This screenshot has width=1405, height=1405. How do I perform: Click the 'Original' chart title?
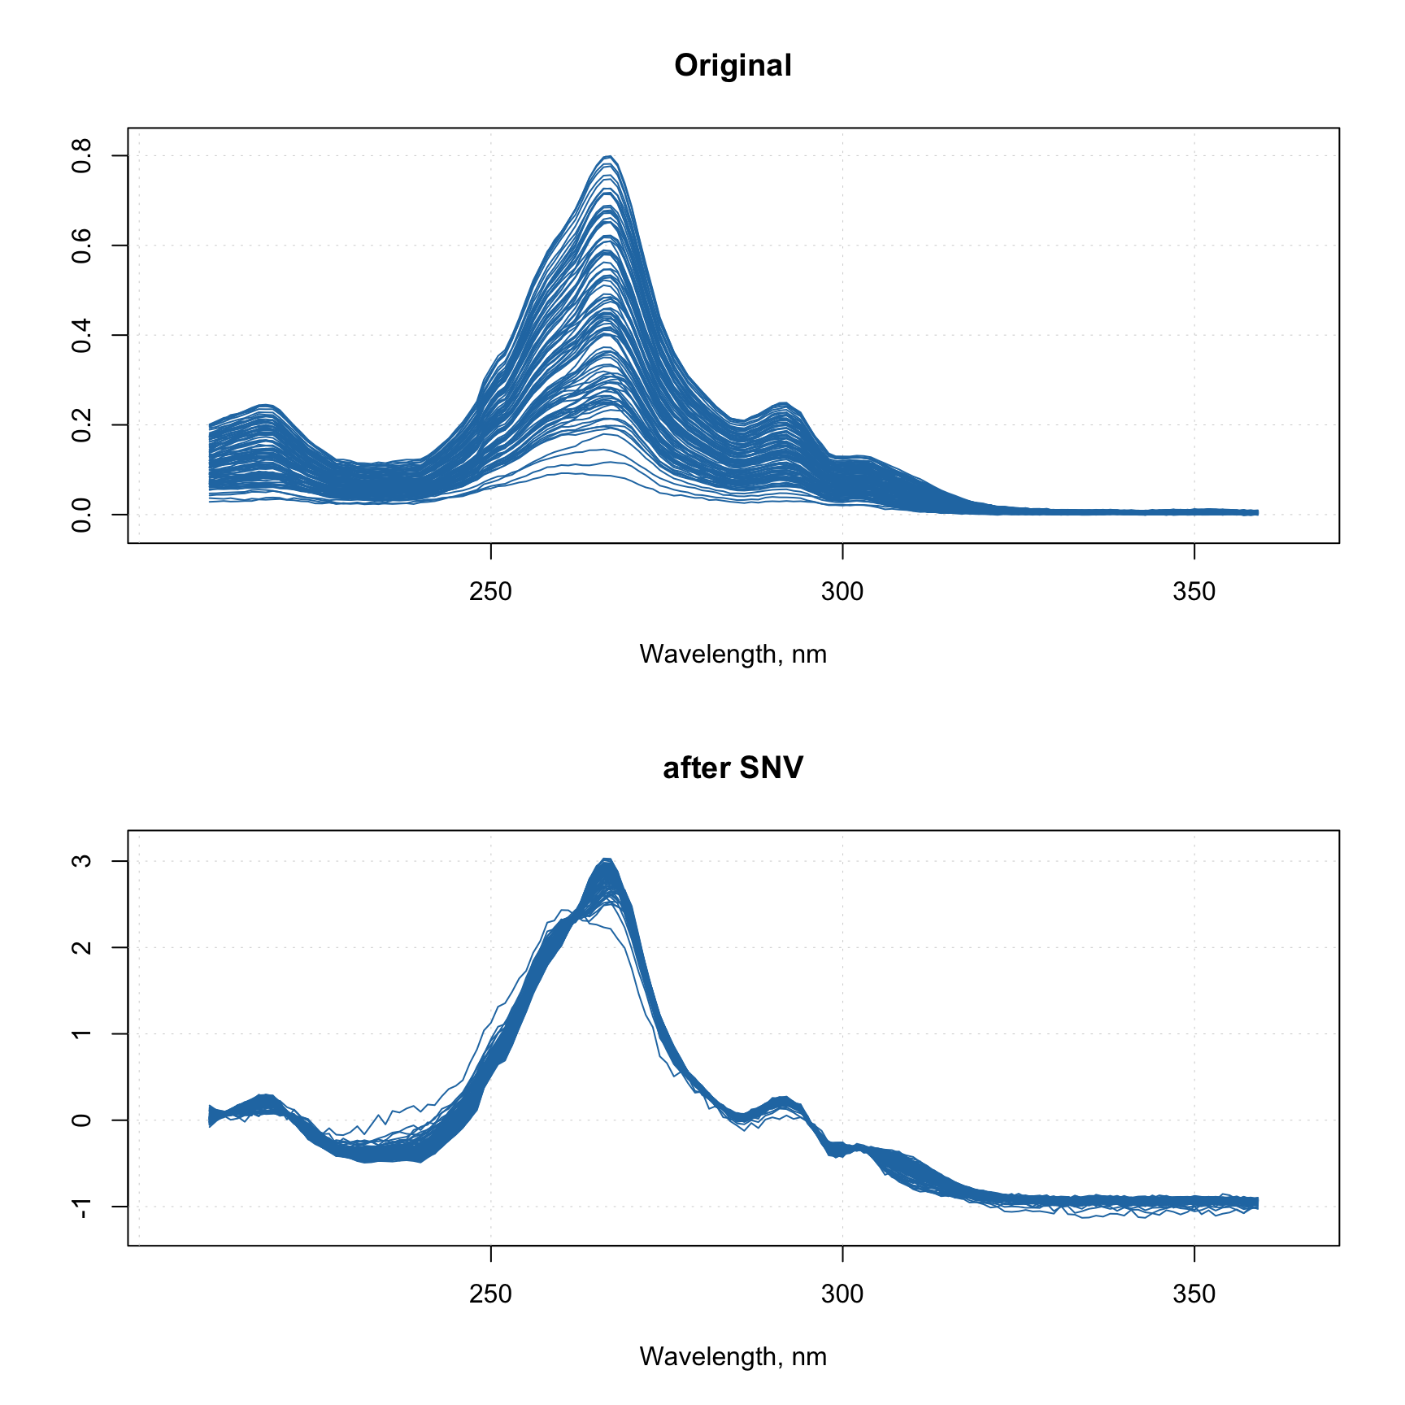(x=733, y=66)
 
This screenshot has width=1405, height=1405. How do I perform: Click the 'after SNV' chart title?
(x=733, y=768)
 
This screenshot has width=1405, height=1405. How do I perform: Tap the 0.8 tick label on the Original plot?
(x=81, y=156)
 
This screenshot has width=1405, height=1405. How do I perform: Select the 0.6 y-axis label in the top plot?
(x=81, y=246)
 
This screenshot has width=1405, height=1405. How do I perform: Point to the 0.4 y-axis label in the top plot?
(x=81, y=335)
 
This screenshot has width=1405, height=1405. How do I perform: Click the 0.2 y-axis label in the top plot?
(x=81, y=424)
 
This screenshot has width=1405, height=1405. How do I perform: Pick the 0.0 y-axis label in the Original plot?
(x=81, y=515)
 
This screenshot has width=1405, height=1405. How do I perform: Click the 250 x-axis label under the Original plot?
(x=490, y=591)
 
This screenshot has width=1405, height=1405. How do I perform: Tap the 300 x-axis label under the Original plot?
(x=842, y=591)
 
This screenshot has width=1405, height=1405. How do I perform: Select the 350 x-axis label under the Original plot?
(x=1194, y=591)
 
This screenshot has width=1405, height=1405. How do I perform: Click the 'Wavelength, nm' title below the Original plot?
(x=733, y=655)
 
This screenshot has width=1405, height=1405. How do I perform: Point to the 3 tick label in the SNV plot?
(x=81, y=861)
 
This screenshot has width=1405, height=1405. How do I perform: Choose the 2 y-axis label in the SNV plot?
(x=81, y=947)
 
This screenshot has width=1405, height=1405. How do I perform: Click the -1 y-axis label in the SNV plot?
(x=81, y=1207)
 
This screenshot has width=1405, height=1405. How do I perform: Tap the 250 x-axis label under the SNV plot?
(x=490, y=1294)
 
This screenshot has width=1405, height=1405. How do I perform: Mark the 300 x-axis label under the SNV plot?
(x=842, y=1294)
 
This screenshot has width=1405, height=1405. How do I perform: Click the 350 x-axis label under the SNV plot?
(x=1194, y=1294)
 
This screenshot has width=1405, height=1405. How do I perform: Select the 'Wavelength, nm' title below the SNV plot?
(x=733, y=1357)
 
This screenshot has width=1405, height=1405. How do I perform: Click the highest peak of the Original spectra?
(x=608, y=156)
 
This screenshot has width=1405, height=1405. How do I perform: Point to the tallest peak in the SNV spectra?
(x=607, y=859)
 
